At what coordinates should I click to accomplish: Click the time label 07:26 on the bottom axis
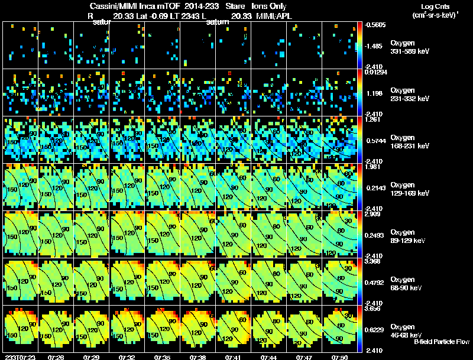(57, 358)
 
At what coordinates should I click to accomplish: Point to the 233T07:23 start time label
(20, 358)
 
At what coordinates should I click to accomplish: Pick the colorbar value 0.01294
(375, 72)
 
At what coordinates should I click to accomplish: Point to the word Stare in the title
(235, 6)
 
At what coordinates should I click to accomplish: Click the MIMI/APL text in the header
(275, 16)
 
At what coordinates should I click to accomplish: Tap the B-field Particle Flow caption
(442, 342)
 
